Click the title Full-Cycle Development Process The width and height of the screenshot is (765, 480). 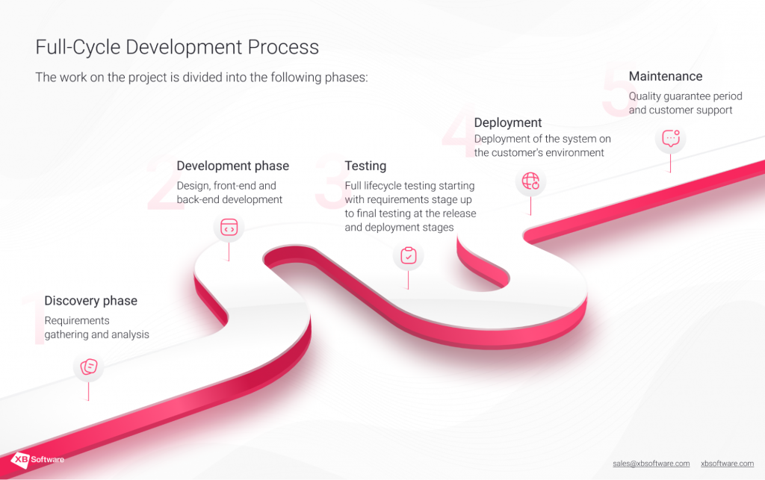(177, 47)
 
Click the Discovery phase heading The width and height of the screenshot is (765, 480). (90, 301)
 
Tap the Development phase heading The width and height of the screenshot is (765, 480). (232, 166)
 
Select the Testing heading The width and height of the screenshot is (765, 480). (365, 166)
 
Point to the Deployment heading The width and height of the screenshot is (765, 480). (508, 122)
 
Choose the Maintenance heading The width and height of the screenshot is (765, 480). (666, 76)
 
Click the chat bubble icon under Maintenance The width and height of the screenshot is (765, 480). (670, 138)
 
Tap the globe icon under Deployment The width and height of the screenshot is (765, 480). (530, 181)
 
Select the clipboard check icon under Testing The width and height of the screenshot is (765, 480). (408, 256)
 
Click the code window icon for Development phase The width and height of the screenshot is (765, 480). (229, 228)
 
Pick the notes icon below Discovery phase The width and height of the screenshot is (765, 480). (88, 367)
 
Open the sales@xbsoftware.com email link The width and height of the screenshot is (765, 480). (651, 464)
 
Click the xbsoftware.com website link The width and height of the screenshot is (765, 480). (727, 464)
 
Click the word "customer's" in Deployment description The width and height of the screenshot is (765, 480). (524, 153)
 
